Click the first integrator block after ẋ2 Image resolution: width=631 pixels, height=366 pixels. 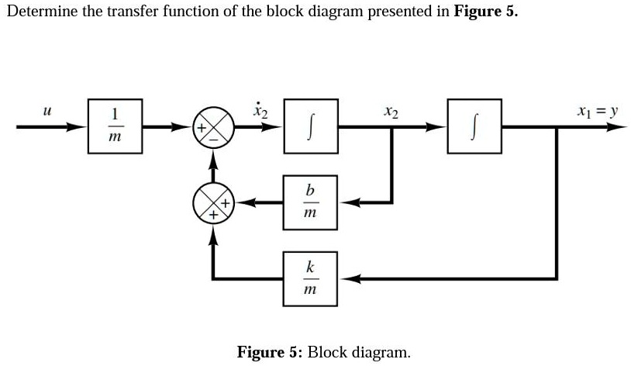[310, 125]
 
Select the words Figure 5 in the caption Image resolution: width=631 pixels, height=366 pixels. [269, 352]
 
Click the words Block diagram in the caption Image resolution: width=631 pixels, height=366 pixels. [359, 352]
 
